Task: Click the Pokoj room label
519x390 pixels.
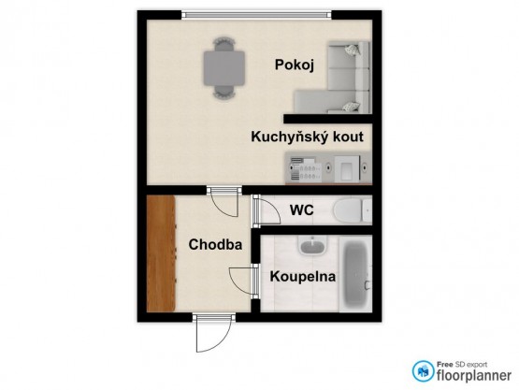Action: click(295, 65)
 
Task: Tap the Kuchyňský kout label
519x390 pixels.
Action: click(307, 137)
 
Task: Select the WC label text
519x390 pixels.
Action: click(301, 209)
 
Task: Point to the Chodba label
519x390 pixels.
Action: click(215, 245)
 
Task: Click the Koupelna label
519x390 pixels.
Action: click(303, 277)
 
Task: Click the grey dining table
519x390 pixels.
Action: click(224, 68)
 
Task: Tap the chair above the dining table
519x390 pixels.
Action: click(224, 43)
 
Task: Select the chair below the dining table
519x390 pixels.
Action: click(224, 92)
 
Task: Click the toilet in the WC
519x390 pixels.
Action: click(353, 209)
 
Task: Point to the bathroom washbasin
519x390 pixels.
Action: click(312, 246)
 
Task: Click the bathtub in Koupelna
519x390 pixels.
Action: click(356, 273)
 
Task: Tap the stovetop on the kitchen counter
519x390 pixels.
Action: click(306, 168)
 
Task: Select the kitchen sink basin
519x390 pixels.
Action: click(346, 168)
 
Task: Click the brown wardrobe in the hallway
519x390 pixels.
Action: click(161, 253)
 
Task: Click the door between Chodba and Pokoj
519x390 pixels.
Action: click(224, 202)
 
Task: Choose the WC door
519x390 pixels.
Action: click(267, 210)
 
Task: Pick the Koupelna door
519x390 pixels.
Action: click(244, 282)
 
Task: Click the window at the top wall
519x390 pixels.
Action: click(256, 15)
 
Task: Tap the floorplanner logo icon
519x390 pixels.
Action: click(423, 371)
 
